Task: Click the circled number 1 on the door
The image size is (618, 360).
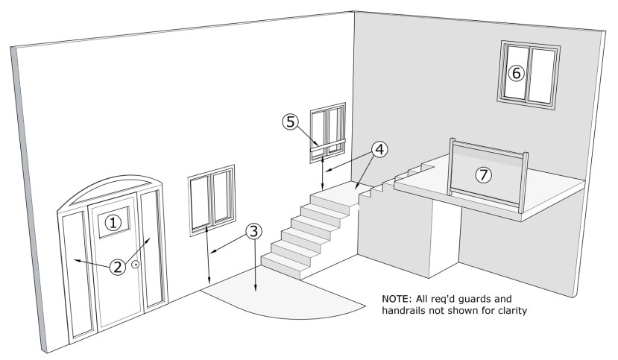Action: pos(112,221)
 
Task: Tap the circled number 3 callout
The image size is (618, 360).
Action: pos(254,231)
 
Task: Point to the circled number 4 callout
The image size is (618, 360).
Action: pos(379,149)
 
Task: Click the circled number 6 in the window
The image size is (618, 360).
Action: pos(516,73)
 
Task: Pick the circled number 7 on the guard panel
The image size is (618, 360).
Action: pos(484,174)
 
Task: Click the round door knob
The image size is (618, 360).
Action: pos(136,265)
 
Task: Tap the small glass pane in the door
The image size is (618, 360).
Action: pos(112,221)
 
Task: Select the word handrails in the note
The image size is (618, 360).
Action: pos(408,312)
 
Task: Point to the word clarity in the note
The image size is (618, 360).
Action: pos(510,312)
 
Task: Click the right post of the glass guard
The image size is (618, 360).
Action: pos(526,183)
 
